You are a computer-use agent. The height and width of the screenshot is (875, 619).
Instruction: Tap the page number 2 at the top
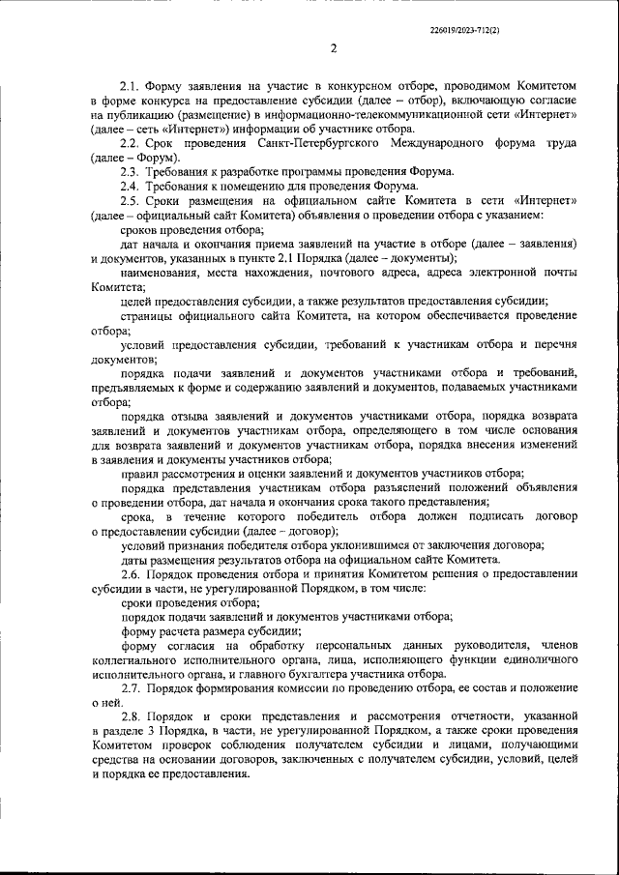(x=333, y=49)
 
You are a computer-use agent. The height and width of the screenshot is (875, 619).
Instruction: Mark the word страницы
(x=146, y=316)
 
